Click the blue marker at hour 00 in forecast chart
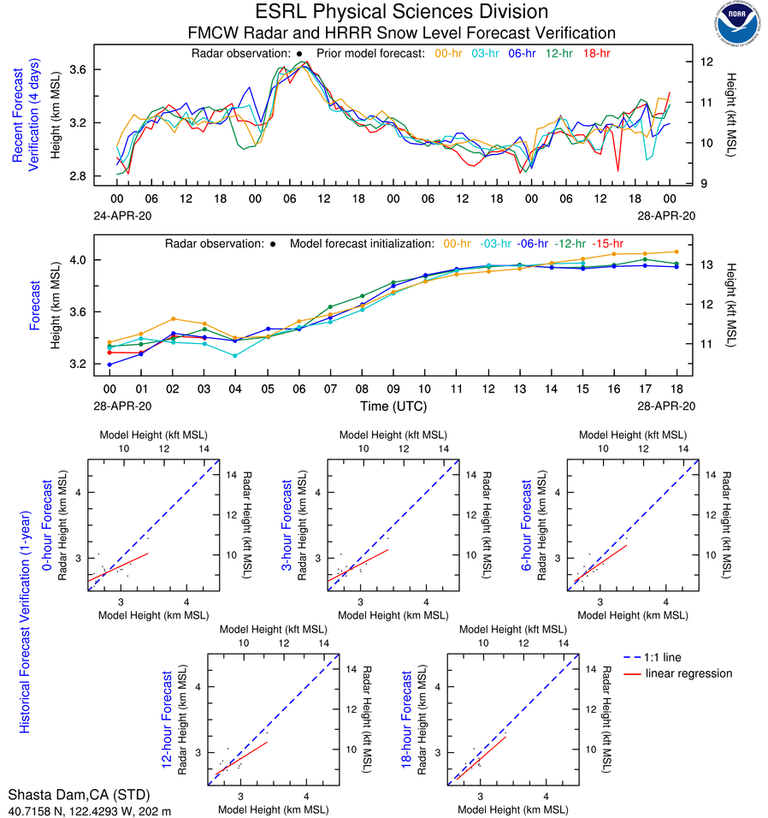point(110,365)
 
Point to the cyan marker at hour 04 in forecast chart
point(235,355)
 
